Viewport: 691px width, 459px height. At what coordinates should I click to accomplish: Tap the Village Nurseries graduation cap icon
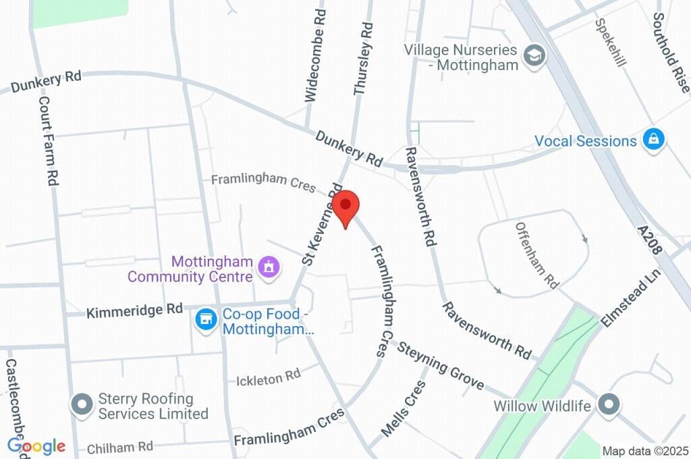534,57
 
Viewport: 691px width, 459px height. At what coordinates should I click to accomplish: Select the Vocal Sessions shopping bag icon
653,140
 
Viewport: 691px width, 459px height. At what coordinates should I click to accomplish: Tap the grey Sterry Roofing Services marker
82,405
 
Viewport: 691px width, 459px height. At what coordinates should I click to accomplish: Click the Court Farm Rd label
47,140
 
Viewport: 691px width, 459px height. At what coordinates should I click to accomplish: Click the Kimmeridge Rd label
134,310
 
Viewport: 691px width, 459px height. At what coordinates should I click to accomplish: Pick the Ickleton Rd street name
268,379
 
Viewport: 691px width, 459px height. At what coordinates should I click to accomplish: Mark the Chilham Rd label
121,447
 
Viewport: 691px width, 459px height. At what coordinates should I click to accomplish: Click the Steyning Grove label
440,367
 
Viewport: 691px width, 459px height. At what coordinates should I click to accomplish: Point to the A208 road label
653,240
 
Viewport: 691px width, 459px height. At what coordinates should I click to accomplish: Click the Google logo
36,446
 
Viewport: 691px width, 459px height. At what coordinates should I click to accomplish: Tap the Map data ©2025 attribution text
644,451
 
